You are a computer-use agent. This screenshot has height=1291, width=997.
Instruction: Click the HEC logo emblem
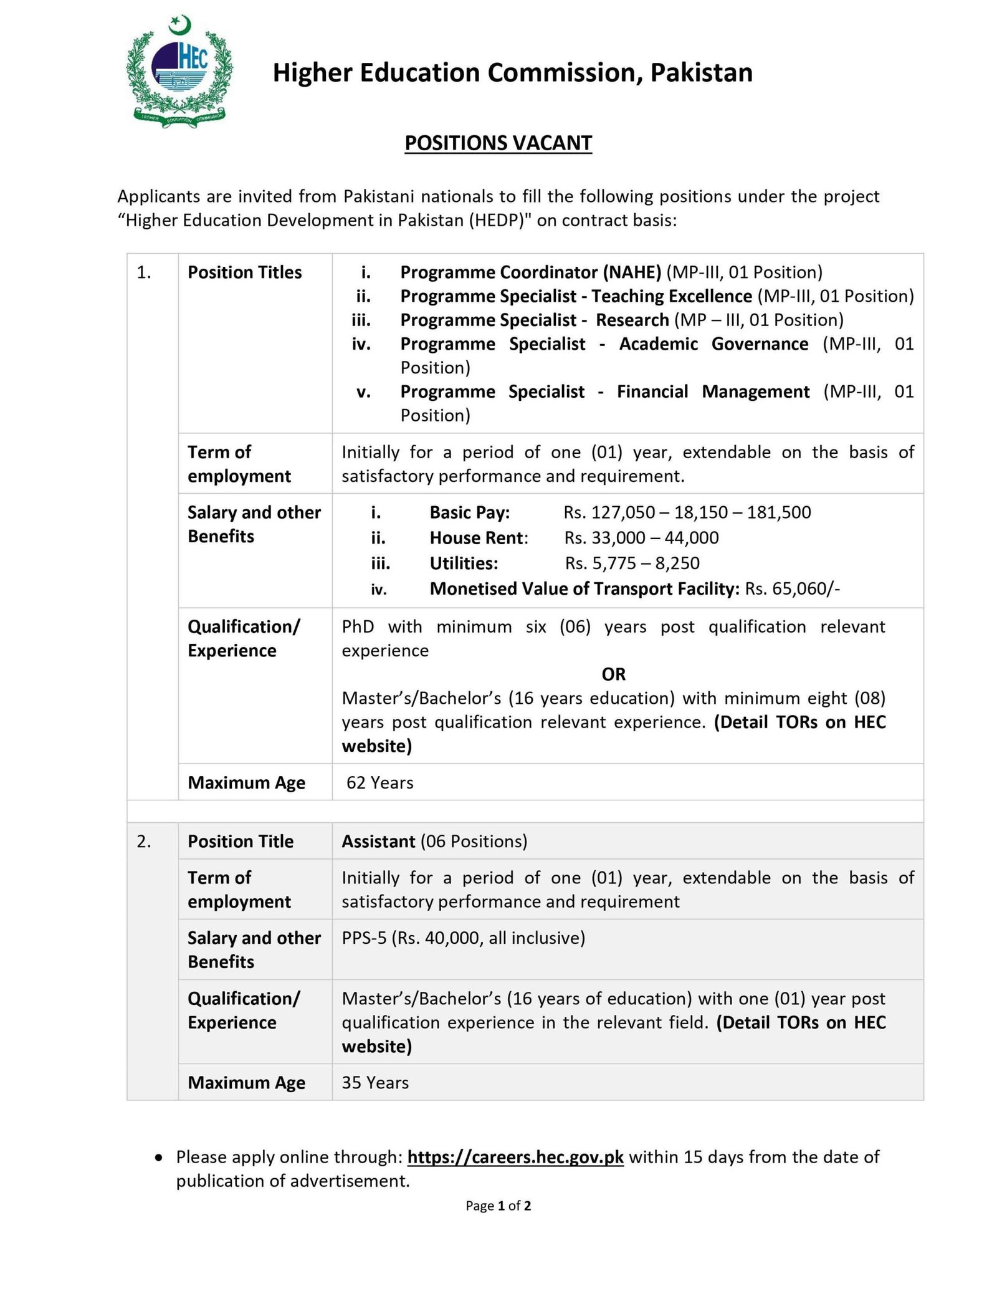(x=179, y=72)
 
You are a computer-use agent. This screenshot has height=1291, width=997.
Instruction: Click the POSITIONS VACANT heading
(x=498, y=143)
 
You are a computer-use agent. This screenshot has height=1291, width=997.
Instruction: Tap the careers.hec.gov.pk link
(x=515, y=1157)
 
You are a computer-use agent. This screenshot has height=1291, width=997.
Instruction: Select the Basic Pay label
(x=469, y=512)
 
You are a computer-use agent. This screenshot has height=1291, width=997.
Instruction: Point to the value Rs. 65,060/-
(x=792, y=588)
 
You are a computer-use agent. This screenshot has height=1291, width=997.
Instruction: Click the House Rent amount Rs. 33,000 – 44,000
(x=641, y=538)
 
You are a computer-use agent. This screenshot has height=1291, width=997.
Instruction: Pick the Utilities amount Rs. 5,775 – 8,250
(x=632, y=564)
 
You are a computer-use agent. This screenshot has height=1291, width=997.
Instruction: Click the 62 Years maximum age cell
(x=379, y=782)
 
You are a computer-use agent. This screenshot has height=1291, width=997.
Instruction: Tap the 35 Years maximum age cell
(x=375, y=1082)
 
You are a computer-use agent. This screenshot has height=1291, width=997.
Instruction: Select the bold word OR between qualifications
(x=613, y=674)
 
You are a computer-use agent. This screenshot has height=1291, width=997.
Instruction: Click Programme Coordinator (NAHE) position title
(x=530, y=272)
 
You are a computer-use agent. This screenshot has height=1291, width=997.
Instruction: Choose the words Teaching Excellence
(x=672, y=296)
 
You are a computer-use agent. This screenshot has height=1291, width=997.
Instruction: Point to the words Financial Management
(x=713, y=391)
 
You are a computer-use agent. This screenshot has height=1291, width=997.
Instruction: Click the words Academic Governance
(x=713, y=344)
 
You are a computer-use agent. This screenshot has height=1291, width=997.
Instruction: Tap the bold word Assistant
(x=378, y=841)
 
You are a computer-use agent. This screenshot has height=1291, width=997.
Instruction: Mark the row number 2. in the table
(x=144, y=841)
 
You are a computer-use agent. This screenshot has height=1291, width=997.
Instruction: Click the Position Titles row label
(x=244, y=272)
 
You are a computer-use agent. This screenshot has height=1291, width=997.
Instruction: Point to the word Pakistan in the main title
(x=701, y=72)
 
